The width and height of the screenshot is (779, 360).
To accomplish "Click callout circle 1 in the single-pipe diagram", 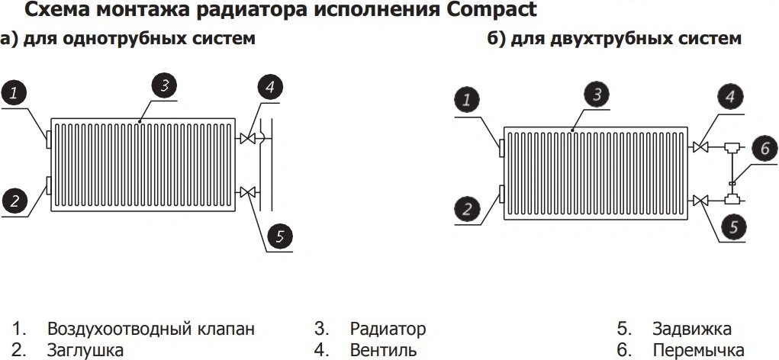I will tap(14, 94).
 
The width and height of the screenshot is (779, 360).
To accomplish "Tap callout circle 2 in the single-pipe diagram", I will tap(14, 201).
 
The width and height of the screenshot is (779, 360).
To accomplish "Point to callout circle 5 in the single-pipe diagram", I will tap(280, 236).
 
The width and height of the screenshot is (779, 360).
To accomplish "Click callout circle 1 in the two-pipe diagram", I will tap(468, 98).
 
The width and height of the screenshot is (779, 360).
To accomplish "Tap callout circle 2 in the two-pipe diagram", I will tap(467, 207).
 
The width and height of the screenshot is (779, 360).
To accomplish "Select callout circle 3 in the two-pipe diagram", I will tap(598, 93).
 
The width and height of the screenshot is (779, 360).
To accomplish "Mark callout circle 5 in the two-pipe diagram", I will tap(733, 226).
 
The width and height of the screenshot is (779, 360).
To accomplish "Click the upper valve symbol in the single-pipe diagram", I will tap(247, 138).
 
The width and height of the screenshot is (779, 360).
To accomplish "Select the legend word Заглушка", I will tap(85, 351).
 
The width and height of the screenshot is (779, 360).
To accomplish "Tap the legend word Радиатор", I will tap(388, 329).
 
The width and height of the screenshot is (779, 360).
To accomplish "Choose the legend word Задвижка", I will tap(691, 329).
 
